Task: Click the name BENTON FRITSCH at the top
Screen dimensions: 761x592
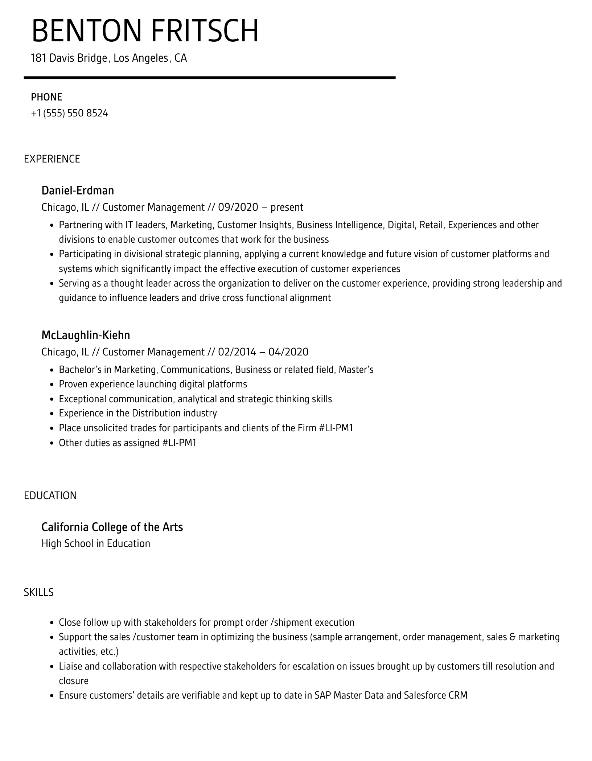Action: [145, 31]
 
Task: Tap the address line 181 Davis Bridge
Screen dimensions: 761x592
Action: [109, 58]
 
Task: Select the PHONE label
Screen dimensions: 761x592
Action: [46, 97]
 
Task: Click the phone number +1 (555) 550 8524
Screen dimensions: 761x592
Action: [70, 114]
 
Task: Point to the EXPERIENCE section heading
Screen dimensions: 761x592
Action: [52, 159]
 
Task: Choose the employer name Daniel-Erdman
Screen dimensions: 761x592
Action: [78, 190]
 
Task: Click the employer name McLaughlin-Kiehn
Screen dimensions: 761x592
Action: [86, 335]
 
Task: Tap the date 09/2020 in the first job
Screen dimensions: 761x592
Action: [238, 207]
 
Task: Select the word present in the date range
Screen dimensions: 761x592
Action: [287, 207]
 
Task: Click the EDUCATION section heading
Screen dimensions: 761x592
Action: [50, 495]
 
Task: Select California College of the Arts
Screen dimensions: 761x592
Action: [112, 527]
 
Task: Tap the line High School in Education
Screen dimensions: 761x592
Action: [96, 543]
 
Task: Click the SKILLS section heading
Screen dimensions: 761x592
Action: [39, 592]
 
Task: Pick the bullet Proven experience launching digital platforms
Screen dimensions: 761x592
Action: [153, 384]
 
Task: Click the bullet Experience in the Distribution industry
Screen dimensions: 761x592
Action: [138, 413]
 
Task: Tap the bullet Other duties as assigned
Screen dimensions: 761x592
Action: [127, 443]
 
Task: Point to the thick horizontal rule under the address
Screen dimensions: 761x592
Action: [210, 78]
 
